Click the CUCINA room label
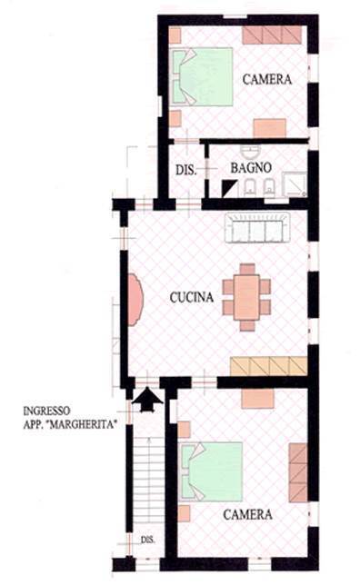point(192,297)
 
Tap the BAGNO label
point(251,168)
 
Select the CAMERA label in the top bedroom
point(267,79)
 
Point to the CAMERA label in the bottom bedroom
point(247,515)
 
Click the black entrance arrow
point(147,400)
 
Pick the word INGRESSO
point(46,411)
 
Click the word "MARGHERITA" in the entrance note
point(82,424)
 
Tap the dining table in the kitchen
point(246,297)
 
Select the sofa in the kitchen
point(257,228)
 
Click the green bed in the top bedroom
point(202,77)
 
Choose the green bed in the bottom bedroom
point(212,471)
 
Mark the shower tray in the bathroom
point(295,184)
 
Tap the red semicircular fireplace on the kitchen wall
point(135,300)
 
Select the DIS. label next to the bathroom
point(185,171)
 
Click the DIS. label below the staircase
point(147,540)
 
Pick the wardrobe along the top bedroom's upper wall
point(272,35)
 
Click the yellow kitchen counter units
point(268,366)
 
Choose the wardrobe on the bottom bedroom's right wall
point(298,472)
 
